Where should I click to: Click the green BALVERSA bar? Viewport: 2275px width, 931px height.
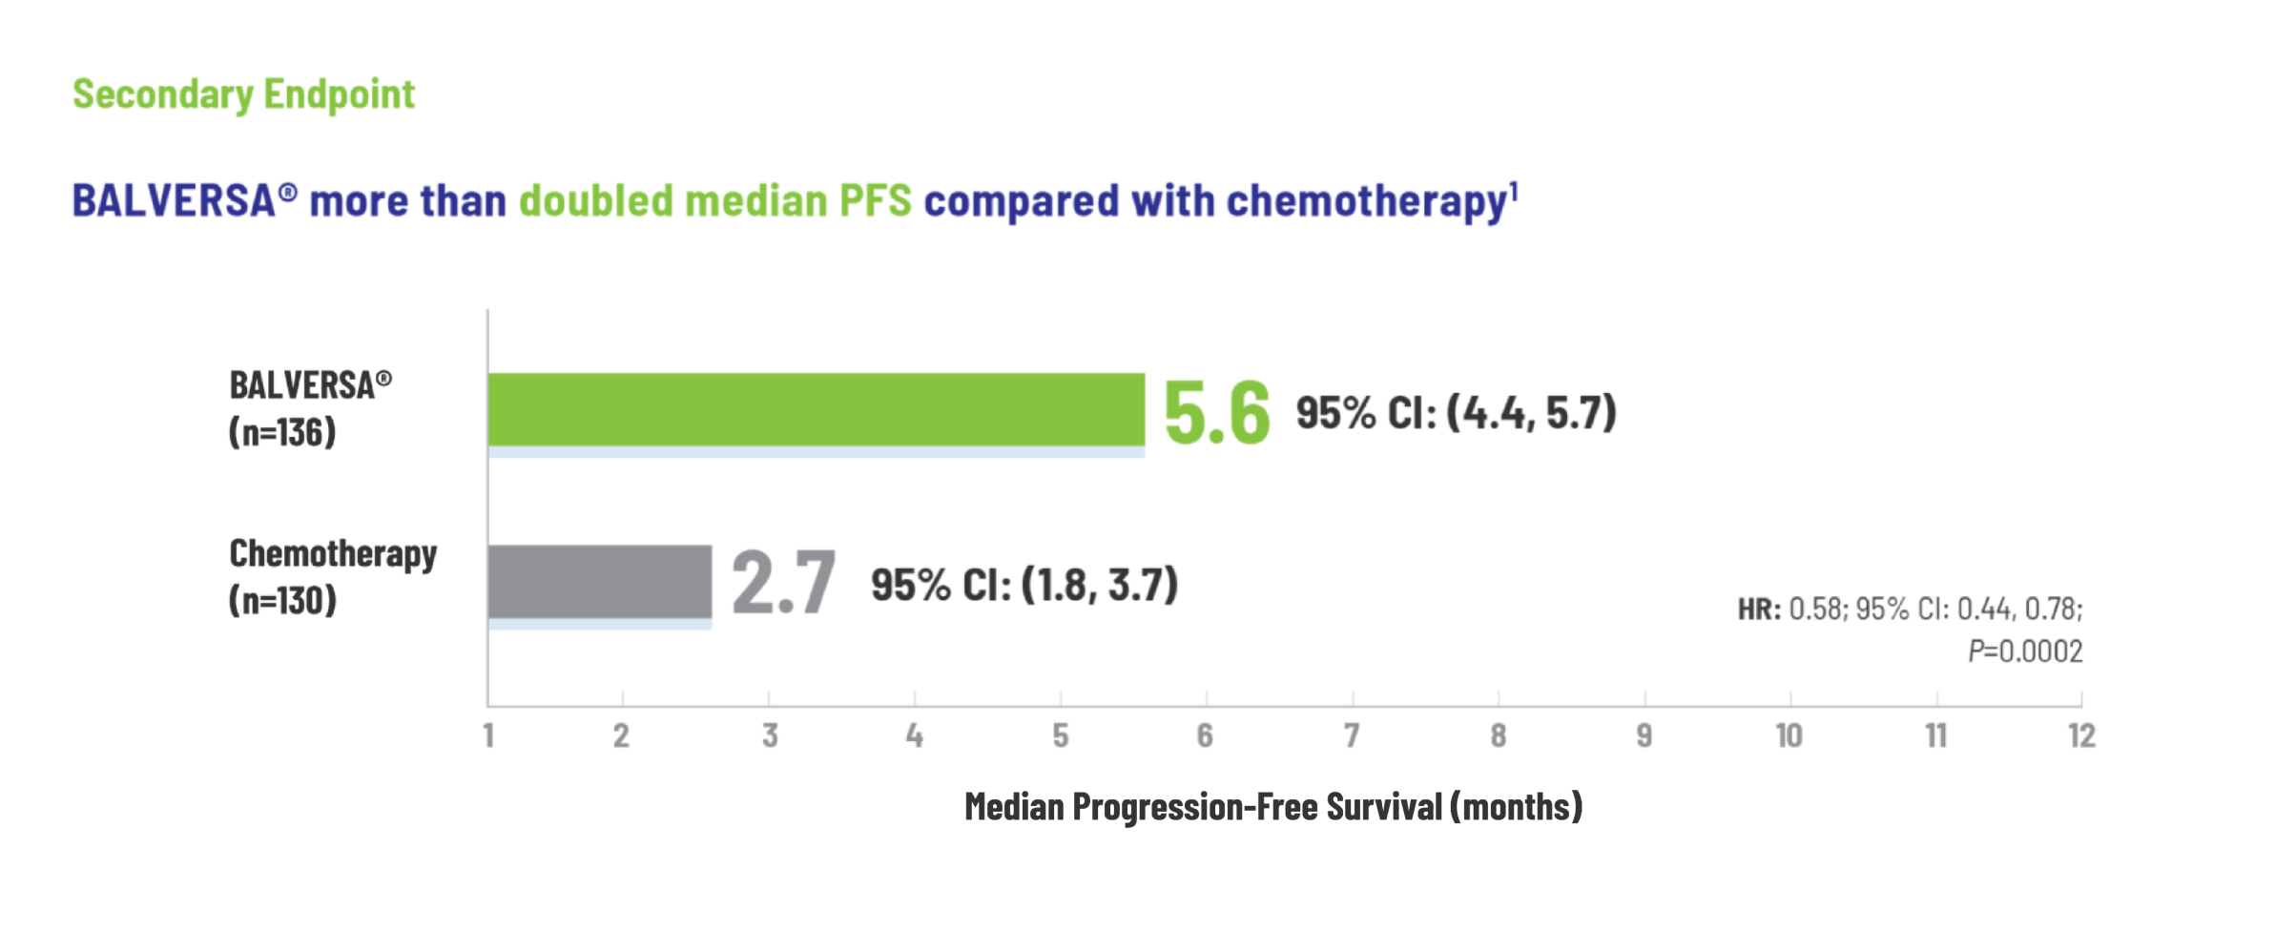point(817,409)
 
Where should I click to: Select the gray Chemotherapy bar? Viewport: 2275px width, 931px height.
point(600,582)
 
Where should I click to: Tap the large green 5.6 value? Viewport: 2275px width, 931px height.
point(1217,413)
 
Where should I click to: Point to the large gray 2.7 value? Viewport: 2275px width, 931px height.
point(783,582)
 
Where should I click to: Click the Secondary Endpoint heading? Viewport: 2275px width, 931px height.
point(244,94)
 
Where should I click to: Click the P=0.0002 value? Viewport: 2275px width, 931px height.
point(2025,652)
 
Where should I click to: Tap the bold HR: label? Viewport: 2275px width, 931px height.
point(1759,609)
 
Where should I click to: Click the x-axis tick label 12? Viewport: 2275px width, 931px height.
point(2081,735)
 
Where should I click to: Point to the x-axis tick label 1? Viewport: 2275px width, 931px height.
point(488,735)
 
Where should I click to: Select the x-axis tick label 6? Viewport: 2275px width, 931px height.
point(1206,735)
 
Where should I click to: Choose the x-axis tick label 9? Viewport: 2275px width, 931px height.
point(1644,735)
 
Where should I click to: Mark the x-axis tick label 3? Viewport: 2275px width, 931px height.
point(770,735)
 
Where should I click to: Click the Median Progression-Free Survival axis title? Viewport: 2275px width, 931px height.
point(1273,807)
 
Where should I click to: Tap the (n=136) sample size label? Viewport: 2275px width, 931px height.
point(282,432)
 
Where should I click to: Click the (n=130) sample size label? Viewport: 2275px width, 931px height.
point(282,600)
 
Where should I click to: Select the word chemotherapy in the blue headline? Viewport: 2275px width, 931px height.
point(1366,202)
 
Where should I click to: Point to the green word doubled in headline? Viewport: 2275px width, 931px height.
point(596,201)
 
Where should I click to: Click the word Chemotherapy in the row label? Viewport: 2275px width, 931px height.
point(333,553)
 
